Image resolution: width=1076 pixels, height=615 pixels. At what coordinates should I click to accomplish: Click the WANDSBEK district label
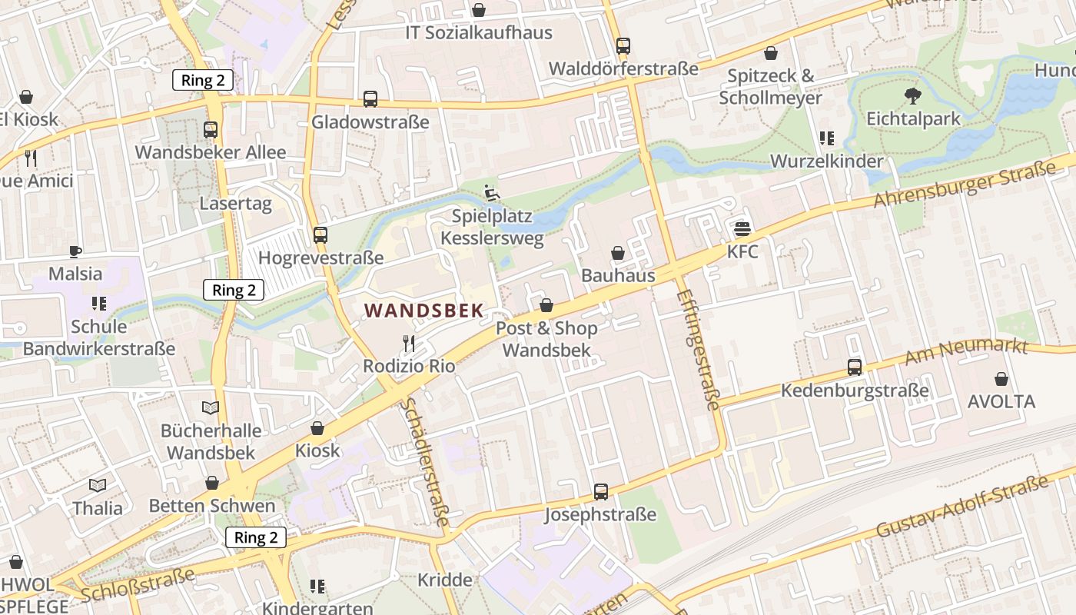pyautogui.click(x=423, y=311)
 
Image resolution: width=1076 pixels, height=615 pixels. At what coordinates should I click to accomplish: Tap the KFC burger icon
pyautogui.click(x=742, y=228)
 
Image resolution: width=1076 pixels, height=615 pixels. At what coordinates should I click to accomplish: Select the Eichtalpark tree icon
pyautogui.click(x=913, y=96)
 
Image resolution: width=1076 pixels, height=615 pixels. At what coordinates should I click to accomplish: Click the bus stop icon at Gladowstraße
pyautogui.click(x=370, y=99)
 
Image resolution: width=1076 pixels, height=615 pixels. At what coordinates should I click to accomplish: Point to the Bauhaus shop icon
pyautogui.click(x=618, y=253)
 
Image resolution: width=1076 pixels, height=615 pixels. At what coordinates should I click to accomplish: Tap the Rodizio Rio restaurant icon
pyautogui.click(x=408, y=343)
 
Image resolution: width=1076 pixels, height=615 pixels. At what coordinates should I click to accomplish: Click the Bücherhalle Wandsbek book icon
pyautogui.click(x=211, y=407)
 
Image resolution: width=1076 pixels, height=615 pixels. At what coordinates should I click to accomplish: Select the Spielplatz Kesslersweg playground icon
pyautogui.click(x=492, y=193)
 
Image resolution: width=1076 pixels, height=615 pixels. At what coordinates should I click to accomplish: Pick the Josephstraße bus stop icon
pyautogui.click(x=601, y=491)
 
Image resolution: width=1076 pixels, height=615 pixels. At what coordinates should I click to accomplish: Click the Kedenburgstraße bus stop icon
pyautogui.click(x=855, y=367)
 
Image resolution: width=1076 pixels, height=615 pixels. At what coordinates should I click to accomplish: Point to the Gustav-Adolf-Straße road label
pyautogui.click(x=962, y=507)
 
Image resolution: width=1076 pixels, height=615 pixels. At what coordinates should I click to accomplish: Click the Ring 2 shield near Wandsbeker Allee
pyautogui.click(x=202, y=80)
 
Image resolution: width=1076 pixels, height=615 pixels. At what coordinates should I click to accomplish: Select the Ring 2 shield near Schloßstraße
pyautogui.click(x=255, y=537)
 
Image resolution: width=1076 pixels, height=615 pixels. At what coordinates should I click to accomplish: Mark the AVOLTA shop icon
pyautogui.click(x=1001, y=379)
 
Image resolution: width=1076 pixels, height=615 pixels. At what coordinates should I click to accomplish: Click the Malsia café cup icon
pyautogui.click(x=75, y=251)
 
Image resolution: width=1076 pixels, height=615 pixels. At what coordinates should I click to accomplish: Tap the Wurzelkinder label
pyautogui.click(x=826, y=161)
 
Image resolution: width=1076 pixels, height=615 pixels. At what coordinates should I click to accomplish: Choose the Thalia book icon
pyautogui.click(x=98, y=485)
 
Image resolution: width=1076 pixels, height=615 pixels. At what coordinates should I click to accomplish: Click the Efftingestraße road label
pyautogui.click(x=699, y=350)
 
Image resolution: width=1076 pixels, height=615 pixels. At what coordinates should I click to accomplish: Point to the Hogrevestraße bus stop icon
pyautogui.click(x=320, y=235)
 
